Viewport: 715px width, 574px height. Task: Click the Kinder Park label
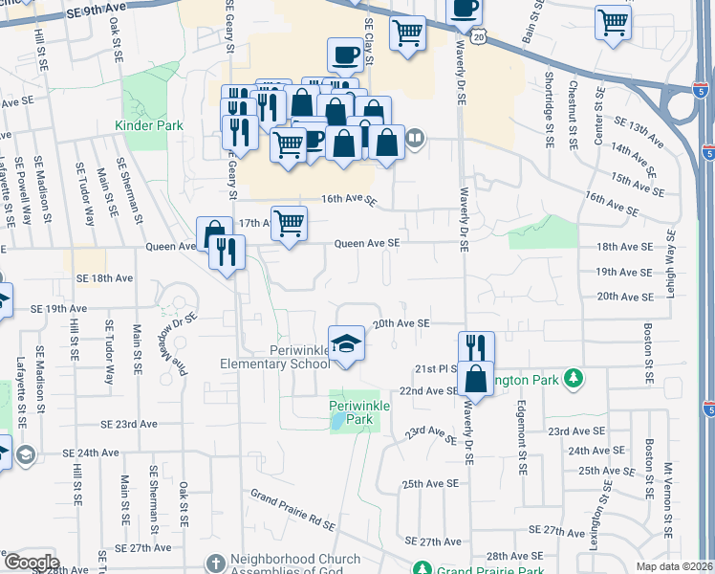(148, 125)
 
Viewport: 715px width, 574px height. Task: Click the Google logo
(31, 563)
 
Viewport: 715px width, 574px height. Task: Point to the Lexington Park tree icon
(573, 379)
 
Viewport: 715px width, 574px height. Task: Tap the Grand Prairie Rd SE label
(292, 510)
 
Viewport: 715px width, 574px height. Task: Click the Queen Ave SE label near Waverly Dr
(366, 243)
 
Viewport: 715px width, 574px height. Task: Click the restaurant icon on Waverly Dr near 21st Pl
(475, 347)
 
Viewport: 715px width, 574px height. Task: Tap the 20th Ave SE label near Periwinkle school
(401, 324)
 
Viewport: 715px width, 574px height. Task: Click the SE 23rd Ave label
(130, 423)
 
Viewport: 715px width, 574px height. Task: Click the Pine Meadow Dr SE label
(181, 343)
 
